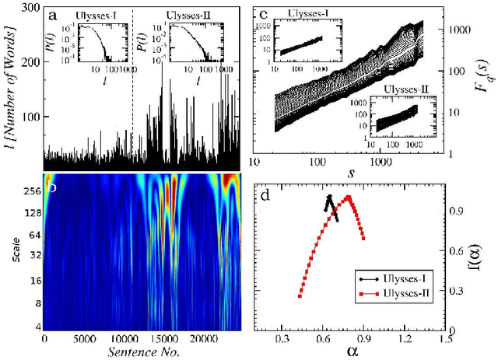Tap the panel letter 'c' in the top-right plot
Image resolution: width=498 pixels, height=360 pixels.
pos(266,15)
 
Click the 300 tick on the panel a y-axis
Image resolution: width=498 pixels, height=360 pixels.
pos(29,7)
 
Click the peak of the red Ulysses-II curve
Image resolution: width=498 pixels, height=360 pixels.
pos(349,197)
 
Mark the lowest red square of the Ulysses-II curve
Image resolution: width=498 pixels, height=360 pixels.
pos(300,295)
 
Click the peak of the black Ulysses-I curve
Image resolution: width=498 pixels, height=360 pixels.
pos(329,197)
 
